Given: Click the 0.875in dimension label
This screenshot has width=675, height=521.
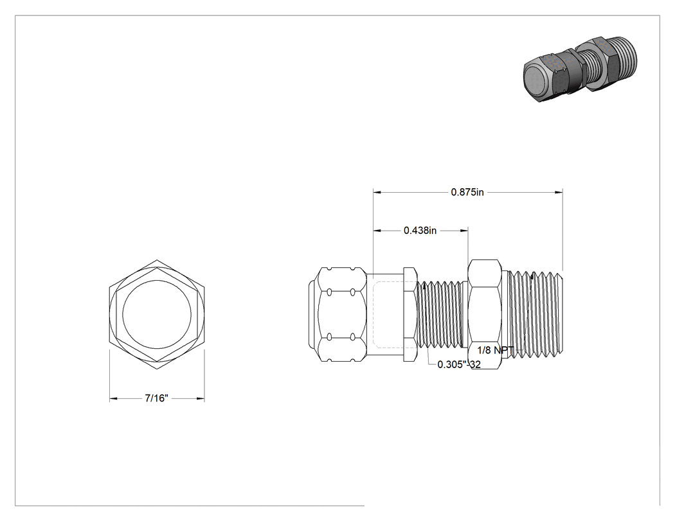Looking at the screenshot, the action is click(467, 192).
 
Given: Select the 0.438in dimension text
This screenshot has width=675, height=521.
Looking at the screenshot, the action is click(420, 231).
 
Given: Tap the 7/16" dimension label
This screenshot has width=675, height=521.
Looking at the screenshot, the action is click(156, 398).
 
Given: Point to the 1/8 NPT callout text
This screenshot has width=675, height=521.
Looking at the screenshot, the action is click(496, 350).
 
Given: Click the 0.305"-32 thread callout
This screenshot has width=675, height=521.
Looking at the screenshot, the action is click(459, 364).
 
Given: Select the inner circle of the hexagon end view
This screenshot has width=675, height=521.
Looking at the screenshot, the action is click(157, 315).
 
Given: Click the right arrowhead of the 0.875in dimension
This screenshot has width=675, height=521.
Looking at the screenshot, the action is click(559, 192).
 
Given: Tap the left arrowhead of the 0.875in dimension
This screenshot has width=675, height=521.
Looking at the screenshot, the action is click(377, 192).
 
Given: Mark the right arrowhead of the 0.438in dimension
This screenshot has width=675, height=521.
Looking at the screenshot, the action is click(464, 231).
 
